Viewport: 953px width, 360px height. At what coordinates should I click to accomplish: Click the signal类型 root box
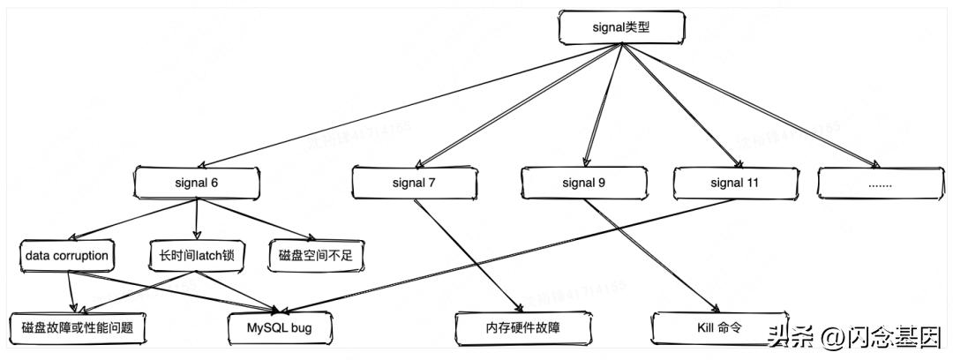[621, 28]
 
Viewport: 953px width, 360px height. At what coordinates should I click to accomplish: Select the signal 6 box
[196, 184]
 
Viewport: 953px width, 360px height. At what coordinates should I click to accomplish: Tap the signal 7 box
[414, 184]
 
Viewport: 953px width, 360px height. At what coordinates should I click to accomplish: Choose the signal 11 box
[734, 184]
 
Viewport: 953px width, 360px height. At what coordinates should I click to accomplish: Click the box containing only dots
[880, 184]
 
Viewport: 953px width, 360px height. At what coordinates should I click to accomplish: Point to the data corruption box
[67, 256]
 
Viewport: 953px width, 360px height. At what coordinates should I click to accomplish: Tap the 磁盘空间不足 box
[315, 256]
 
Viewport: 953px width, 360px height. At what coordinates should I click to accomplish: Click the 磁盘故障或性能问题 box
[77, 327]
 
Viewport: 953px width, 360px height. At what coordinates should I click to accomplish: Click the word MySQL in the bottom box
[265, 327]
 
